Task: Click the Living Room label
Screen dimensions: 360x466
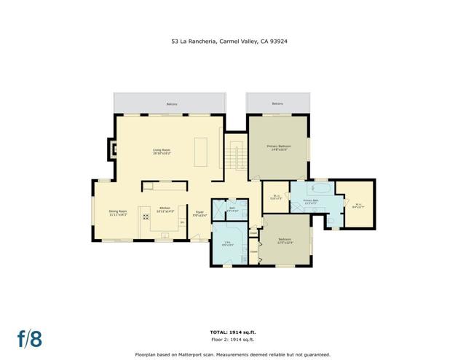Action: (x=162, y=150)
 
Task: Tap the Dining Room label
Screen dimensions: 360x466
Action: (x=119, y=211)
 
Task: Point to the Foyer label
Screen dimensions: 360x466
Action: (x=200, y=213)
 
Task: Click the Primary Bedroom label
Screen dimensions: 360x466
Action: (x=278, y=148)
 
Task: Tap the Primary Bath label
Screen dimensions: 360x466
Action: (x=312, y=200)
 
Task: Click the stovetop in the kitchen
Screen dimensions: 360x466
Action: (x=145, y=216)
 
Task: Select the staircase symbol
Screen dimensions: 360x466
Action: (x=234, y=156)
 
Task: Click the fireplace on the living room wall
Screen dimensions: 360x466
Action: (x=112, y=150)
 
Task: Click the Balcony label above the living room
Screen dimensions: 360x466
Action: (x=172, y=104)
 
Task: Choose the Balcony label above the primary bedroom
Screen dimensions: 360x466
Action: (x=277, y=104)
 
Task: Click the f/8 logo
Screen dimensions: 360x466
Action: (x=31, y=338)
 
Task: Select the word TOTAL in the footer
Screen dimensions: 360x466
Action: (x=219, y=332)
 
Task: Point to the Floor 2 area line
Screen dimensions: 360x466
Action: (x=232, y=340)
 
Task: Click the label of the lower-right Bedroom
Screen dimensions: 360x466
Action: (x=285, y=239)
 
